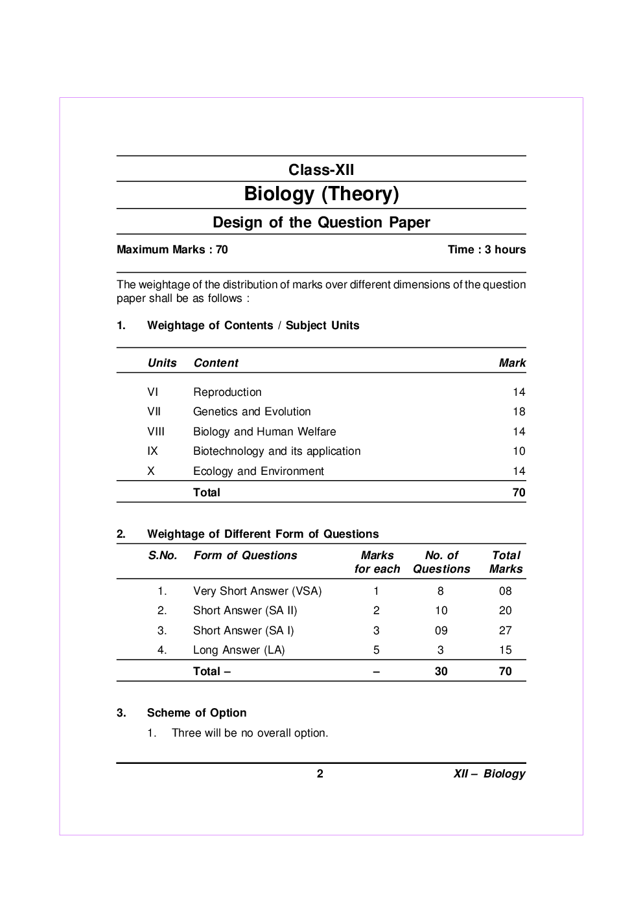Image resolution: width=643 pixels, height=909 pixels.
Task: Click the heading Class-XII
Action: [x=321, y=170]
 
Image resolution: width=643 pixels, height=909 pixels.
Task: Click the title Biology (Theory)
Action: [x=321, y=194]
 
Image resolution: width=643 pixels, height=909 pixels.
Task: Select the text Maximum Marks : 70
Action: [x=172, y=249]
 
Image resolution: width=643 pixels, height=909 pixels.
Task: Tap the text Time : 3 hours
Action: [x=486, y=249]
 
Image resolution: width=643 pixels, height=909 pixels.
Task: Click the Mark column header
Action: [x=511, y=363]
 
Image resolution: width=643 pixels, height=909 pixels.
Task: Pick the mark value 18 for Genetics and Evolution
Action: [x=519, y=411]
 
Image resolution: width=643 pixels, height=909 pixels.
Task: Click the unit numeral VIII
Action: [x=156, y=431]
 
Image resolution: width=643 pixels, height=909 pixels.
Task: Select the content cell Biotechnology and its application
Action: [x=276, y=451]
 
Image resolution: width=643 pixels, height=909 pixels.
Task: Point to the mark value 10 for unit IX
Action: [x=519, y=451]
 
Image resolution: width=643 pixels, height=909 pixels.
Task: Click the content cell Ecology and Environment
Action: [x=258, y=471]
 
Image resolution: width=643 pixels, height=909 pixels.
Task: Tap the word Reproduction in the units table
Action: [x=227, y=392]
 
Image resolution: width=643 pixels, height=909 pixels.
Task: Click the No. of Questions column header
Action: [x=441, y=562]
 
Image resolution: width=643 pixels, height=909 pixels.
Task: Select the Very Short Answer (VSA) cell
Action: [x=257, y=591]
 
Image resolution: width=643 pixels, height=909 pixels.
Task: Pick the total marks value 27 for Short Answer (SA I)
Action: [x=505, y=630]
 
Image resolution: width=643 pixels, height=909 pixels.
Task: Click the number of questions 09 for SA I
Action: [x=441, y=630]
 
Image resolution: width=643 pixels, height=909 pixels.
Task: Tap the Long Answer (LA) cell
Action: [x=239, y=650]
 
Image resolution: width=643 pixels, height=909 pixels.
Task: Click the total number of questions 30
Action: [x=441, y=671]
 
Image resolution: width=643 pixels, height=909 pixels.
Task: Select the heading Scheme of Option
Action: [x=196, y=713]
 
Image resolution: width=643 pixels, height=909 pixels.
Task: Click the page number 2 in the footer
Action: [x=320, y=773]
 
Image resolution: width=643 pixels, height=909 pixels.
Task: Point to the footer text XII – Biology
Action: [x=489, y=774]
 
